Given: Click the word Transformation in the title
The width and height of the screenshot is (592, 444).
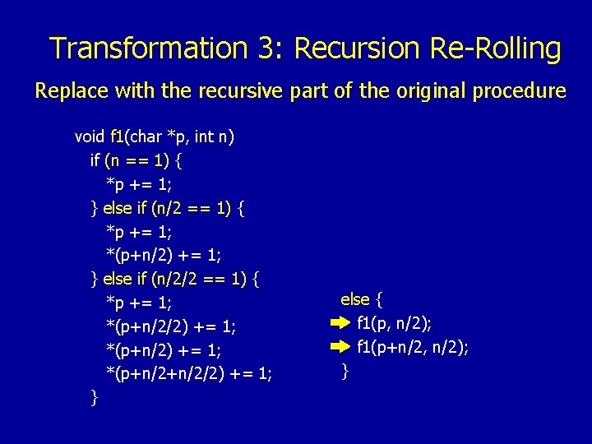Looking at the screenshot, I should [x=147, y=49].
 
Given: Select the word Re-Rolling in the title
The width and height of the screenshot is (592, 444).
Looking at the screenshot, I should [x=496, y=49].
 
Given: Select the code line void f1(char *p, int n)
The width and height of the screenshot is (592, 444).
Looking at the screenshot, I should [x=155, y=136].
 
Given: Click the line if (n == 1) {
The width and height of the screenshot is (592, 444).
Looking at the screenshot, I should [x=136, y=160].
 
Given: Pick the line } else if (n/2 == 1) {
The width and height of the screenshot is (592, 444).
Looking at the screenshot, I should [x=167, y=208].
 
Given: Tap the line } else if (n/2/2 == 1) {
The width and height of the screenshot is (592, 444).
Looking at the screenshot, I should [x=175, y=280].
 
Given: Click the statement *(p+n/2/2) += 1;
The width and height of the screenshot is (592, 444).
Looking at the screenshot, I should [x=171, y=327].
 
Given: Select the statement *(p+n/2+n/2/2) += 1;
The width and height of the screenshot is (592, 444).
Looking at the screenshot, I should [x=189, y=375].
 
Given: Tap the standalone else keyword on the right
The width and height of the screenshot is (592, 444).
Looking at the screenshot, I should [x=355, y=298].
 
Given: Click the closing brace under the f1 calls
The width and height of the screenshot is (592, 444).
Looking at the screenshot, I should [x=345, y=372].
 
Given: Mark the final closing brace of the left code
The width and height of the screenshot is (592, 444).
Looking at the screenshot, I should [x=95, y=399].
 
